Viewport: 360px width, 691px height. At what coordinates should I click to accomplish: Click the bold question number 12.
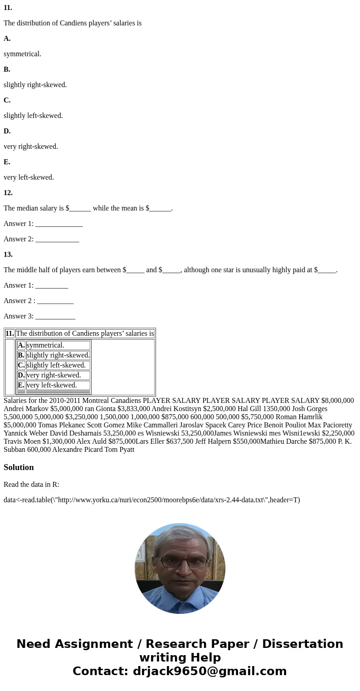8,193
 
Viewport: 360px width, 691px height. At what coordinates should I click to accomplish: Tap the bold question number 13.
8,255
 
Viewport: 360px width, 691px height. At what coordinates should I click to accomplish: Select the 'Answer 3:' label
19,316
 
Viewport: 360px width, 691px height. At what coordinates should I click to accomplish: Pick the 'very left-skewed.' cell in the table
52,385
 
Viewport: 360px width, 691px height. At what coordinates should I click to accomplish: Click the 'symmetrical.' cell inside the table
45,345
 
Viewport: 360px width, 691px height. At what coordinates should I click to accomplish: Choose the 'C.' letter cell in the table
21,365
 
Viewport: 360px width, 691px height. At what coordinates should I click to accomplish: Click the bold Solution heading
19,467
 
